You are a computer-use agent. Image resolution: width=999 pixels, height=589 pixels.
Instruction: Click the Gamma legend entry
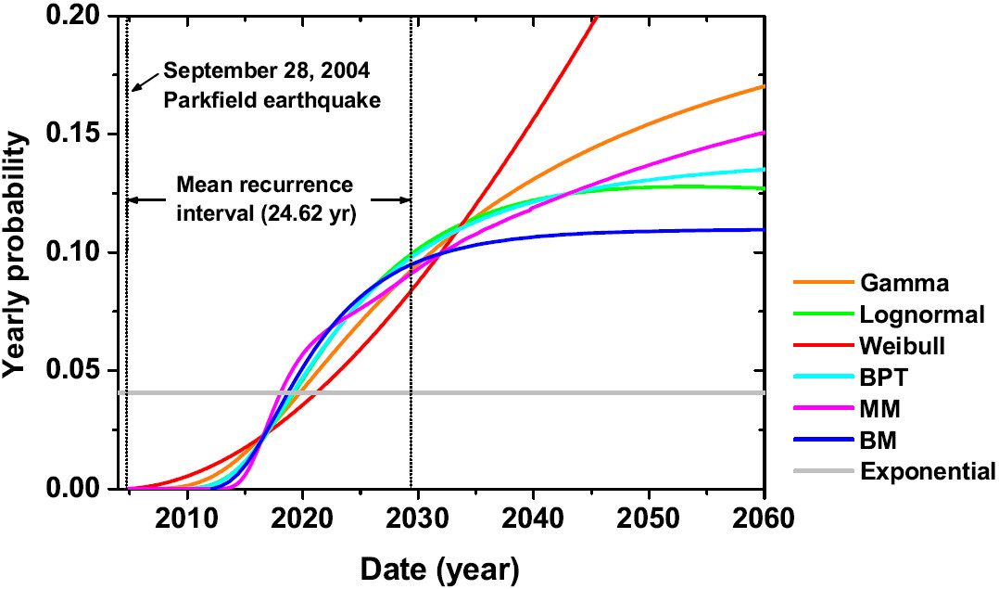pos(895,283)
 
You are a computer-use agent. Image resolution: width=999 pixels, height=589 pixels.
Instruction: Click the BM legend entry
pos(878,441)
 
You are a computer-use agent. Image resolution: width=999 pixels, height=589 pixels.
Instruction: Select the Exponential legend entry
pos(928,472)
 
